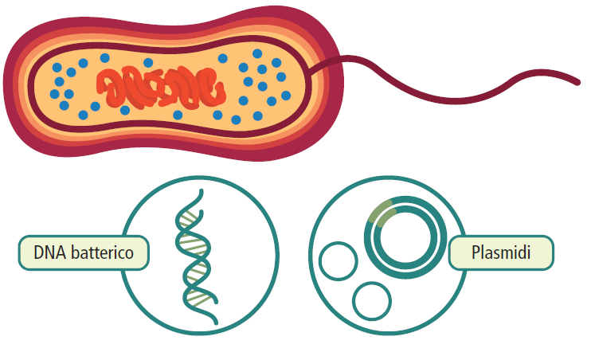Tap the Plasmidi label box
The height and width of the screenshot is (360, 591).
(x=500, y=254)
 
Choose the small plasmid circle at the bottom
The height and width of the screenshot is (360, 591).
(x=372, y=302)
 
